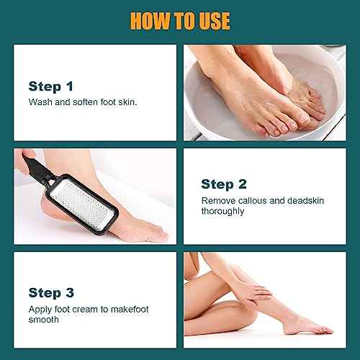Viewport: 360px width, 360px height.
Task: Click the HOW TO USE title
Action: click(179, 19)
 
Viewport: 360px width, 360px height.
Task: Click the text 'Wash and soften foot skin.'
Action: click(82, 102)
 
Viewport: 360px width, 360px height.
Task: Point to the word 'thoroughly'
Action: click(223, 211)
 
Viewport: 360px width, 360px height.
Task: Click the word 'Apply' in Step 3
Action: click(40, 308)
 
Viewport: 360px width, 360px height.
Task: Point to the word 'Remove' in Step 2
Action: click(217, 200)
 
